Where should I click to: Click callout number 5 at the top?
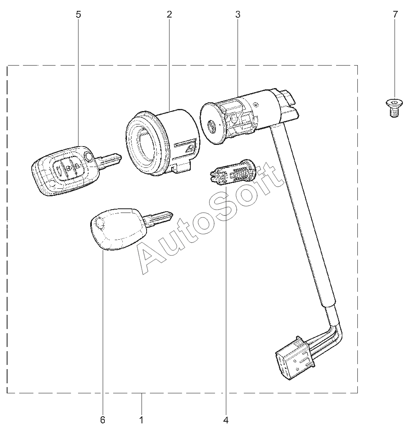(78, 14)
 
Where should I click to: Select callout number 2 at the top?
(169, 14)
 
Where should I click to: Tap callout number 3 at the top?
(238, 14)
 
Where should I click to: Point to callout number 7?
(395, 14)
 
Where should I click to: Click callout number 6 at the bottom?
(102, 420)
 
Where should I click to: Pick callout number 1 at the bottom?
(142, 420)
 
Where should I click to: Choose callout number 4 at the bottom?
(226, 420)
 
